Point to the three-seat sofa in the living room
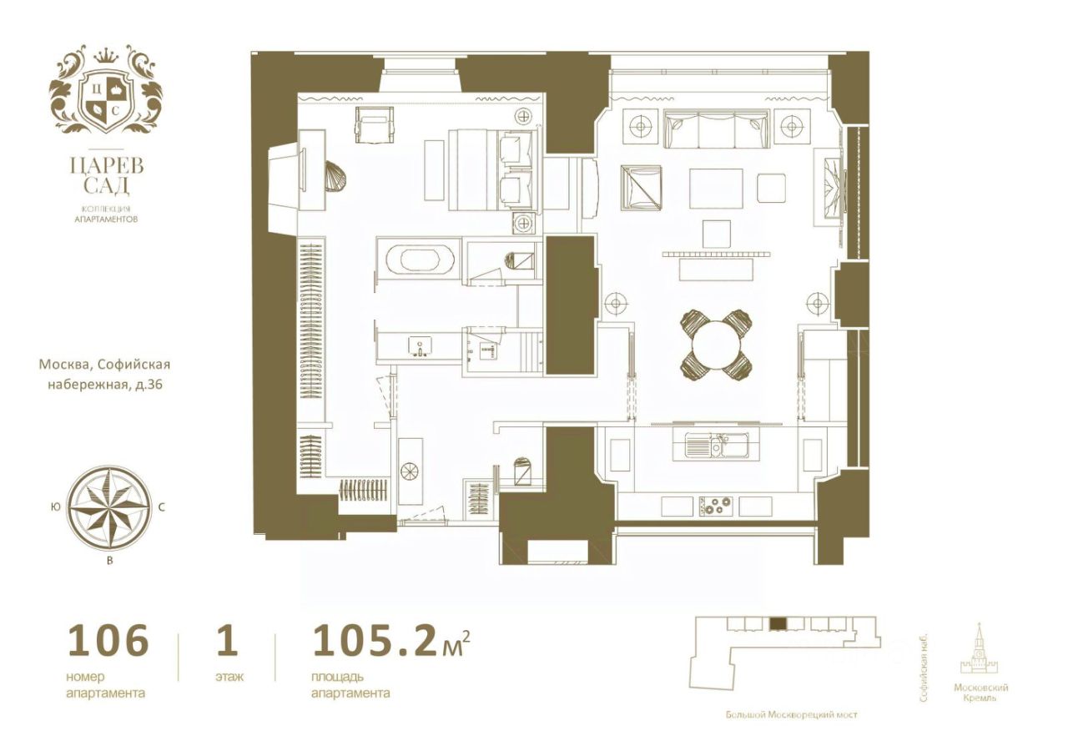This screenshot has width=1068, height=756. click(716, 129)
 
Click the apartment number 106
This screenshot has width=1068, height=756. click(108, 641)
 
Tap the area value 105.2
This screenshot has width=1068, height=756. click(373, 641)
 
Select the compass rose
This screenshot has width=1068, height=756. click(109, 508)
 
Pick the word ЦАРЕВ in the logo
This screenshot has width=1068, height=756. click(106, 165)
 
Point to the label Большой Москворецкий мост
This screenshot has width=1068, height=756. click(791, 728)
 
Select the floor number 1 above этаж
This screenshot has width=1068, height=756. click(227, 641)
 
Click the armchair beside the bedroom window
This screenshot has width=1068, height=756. click(375, 125)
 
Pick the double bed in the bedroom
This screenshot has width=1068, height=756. click(493, 169)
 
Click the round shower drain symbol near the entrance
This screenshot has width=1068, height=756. click(409, 471)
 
